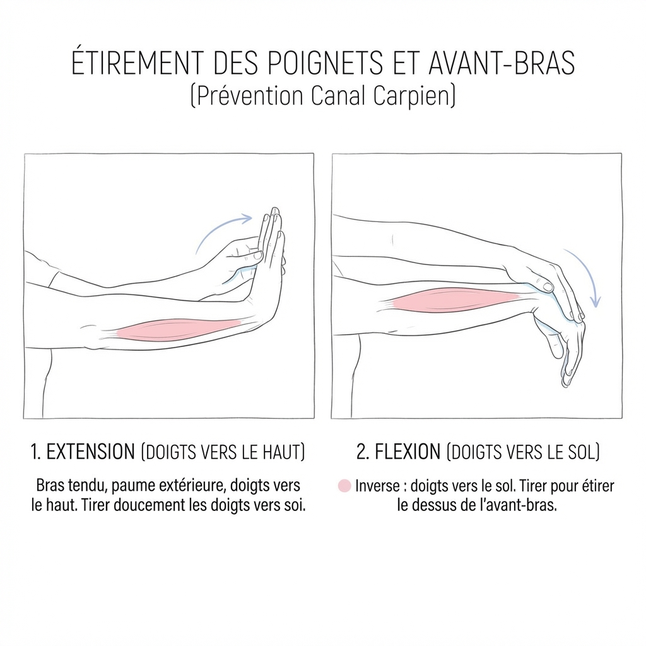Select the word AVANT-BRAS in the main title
click(502, 63)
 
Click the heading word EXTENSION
click(91, 452)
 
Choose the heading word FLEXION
click(408, 452)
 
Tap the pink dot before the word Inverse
click(344, 486)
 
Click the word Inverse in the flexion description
click(377, 486)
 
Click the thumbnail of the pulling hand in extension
click(258, 255)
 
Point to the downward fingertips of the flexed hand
click(567, 381)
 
